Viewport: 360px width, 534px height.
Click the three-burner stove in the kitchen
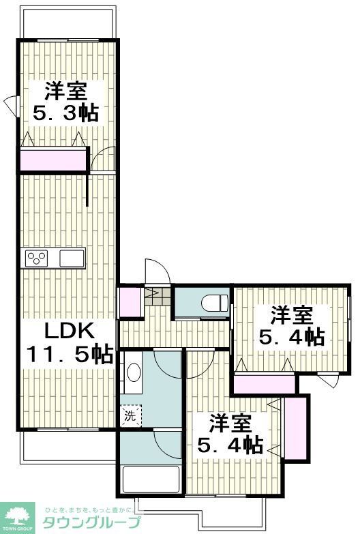(x=37, y=258)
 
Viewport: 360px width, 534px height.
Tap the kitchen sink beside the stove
(x=71, y=258)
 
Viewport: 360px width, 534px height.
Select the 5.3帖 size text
(x=66, y=112)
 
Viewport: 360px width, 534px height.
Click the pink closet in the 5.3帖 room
(x=53, y=160)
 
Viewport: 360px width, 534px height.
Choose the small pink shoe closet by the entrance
(x=128, y=303)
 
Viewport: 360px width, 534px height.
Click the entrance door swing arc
(x=151, y=271)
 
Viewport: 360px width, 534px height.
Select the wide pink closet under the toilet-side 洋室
(x=265, y=383)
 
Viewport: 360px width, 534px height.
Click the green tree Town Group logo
(x=20, y=516)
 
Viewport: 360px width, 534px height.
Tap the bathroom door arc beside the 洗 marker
(x=167, y=445)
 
